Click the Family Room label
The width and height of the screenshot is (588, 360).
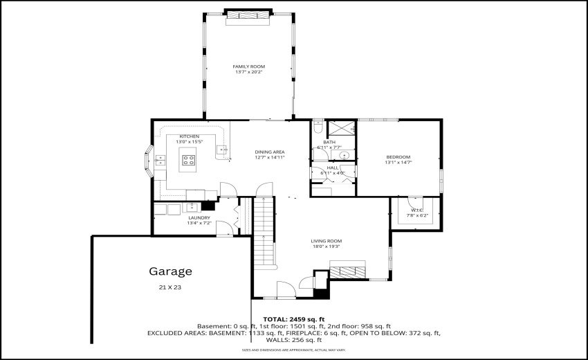248,66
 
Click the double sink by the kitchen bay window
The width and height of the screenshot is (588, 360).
160,161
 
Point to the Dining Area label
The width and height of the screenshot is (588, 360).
270,152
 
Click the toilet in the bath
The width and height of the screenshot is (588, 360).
318,127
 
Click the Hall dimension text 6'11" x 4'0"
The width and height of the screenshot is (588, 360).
332,172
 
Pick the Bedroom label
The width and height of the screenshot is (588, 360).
398,157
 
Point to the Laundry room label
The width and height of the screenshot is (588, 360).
199,218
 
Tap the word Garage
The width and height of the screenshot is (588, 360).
170,271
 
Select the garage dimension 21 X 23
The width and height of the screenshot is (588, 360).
171,287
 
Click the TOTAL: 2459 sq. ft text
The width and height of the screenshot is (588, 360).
293,319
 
